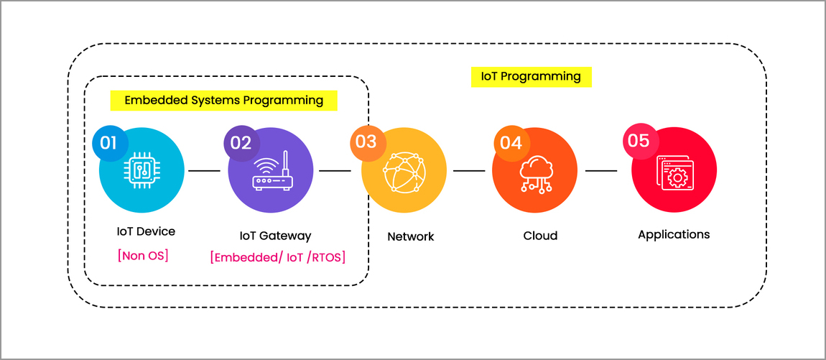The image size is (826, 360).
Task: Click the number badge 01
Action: [x=108, y=143]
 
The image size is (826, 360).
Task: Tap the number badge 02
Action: [x=241, y=143]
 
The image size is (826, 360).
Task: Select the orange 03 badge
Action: [x=366, y=142]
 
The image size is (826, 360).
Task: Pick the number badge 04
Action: [x=511, y=143]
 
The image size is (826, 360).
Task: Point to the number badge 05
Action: [x=639, y=141]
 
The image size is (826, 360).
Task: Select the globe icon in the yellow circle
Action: [x=404, y=173]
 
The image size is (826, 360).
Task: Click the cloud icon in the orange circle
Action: [x=535, y=173]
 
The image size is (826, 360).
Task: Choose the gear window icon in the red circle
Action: [x=674, y=173]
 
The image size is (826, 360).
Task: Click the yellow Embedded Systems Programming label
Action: [x=223, y=100]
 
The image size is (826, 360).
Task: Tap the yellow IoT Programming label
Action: [x=531, y=76]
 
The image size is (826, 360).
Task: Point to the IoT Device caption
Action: [x=146, y=231]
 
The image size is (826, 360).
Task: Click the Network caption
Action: [x=411, y=236]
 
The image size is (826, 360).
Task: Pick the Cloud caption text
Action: [x=540, y=236]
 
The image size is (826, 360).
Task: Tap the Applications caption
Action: [x=674, y=234]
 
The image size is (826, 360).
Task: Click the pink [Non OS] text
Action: [x=143, y=255]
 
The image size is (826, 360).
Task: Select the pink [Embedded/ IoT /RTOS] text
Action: [x=278, y=257]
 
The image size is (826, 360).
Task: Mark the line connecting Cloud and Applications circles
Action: [x=601, y=171]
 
